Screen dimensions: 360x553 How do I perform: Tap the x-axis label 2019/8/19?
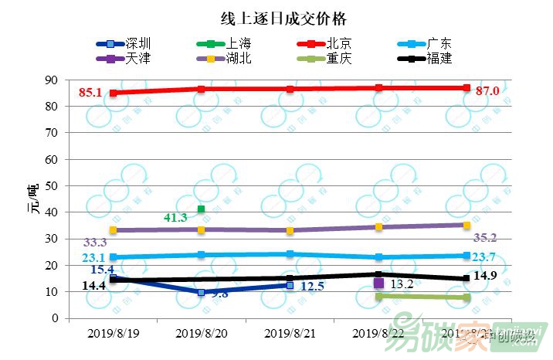pyautogui.click(x=113, y=334)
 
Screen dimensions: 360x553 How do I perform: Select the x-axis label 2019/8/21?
pyautogui.click(x=290, y=334)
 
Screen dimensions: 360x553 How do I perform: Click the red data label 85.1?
pyautogui.click(x=90, y=93)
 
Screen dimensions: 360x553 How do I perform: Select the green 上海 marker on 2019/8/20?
pyautogui.click(x=202, y=209)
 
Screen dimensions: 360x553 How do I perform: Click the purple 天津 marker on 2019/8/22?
pyautogui.click(x=378, y=284)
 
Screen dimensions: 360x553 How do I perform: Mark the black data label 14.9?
pyautogui.click(x=484, y=277)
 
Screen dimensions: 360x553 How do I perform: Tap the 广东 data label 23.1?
pyautogui.click(x=93, y=257)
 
